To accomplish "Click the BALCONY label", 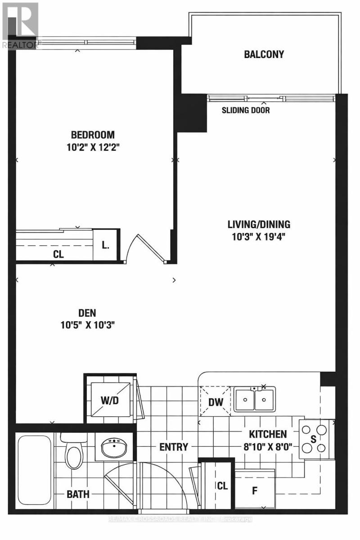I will click(x=264, y=54).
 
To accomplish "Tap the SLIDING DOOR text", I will click(x=246, y=110).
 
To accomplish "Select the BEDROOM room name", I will click(x=93, y=135).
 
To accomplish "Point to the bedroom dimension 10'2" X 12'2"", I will click(x=93, y=146).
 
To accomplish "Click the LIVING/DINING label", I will click(x=258, y=224).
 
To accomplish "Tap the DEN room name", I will click(x=87, y=313).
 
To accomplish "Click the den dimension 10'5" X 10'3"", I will click(x=87, y=325).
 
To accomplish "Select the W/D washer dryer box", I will click(x=109, y=400).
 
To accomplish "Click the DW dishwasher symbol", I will click(x=216, y=402).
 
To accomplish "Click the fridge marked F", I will click(x=255, y=490).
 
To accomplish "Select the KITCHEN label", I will click(x=268, y=434).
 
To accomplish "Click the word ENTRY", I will click(x=173, y=447).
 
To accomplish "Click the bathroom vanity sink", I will click(x=114, y=447).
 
